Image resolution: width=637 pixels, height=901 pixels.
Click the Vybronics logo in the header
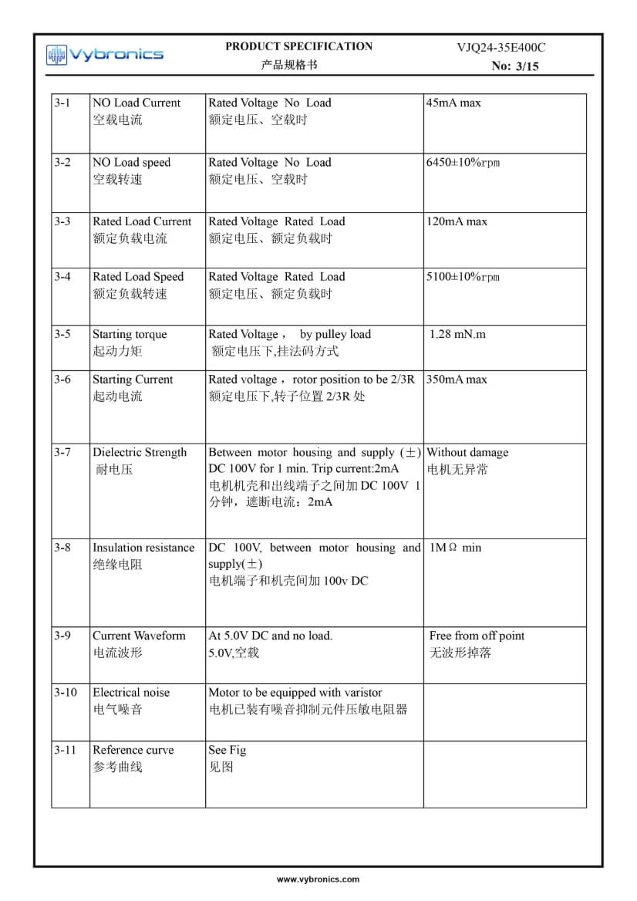(x=104, y=54)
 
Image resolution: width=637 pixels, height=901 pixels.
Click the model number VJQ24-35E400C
(x=501, y=47)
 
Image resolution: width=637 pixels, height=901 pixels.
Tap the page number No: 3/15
(x=515, y=66)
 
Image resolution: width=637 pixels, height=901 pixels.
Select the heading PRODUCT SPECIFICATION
(x=298, y=46)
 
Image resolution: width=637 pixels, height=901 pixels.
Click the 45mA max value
(x=453, y=103)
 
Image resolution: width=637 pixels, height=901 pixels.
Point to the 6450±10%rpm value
(x=463, y=163)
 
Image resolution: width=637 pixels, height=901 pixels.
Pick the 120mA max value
(x=457, y=221)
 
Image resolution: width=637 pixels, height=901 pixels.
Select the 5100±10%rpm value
(x=463, y=277)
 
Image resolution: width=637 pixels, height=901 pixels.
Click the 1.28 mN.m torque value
(x=458, y=334)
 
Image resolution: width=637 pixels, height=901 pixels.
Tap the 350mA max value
(x=457, y=380)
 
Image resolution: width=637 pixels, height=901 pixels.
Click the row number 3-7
(x=62, y=453)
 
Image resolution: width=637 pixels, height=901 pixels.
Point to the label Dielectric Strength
(x=140, y=453)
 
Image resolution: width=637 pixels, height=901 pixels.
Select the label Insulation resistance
(x=143, y=548)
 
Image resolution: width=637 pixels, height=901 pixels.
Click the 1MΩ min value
(x=455, y=548)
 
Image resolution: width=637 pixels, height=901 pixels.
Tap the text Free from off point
(x=477, y=636)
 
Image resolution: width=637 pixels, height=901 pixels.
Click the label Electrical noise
(x=131, y=693)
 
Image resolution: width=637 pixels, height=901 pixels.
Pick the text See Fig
(x=227, y=750)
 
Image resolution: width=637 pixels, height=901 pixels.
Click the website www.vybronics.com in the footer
(x=318, y=879)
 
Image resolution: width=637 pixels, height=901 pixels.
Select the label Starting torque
(x=130, y=334)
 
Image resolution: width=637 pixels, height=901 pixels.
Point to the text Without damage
(x=467, y=453)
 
